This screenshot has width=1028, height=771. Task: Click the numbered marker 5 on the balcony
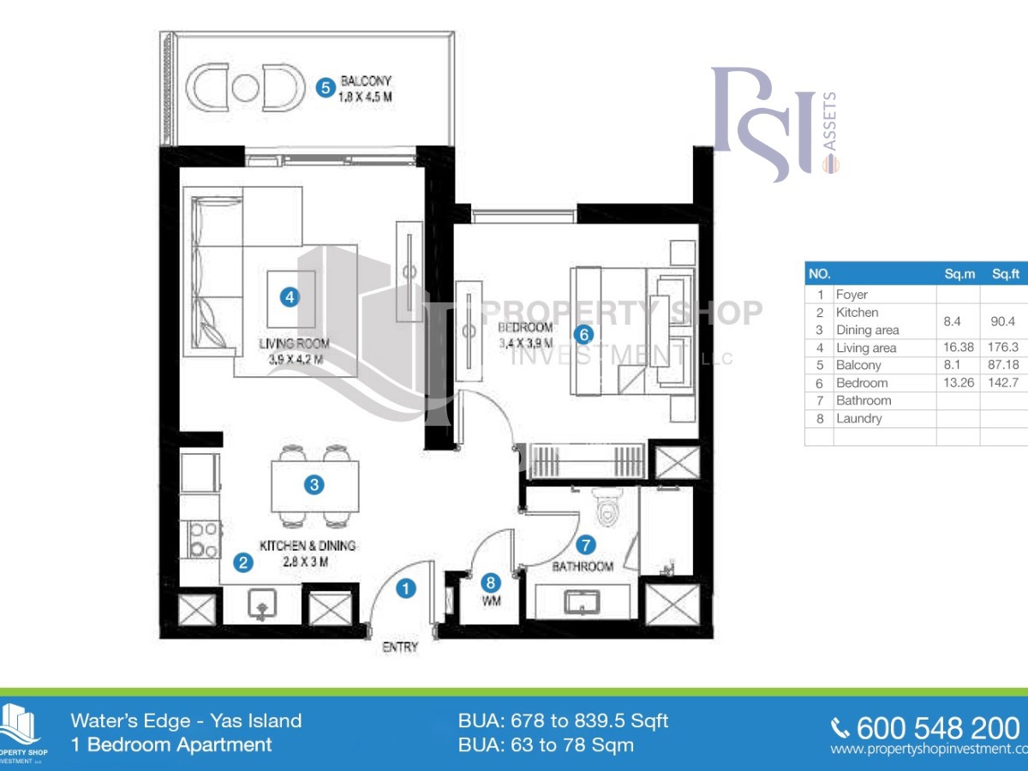pos(325,87)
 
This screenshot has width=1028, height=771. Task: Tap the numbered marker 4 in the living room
pos(290,297)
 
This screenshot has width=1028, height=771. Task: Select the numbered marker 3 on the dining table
pos(314,485)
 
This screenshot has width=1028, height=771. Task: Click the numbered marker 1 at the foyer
pos(406,589)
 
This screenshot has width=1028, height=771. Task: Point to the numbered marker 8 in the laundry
pos(490,582)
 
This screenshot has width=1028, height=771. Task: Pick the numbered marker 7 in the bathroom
pos(586,544)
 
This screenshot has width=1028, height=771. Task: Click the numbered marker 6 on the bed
pos(583,335)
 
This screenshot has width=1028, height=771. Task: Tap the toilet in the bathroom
pos(608,511)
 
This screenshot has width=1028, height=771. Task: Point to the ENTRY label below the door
pos(399,648)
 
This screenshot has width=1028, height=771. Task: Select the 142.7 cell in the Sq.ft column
pos(1004,383)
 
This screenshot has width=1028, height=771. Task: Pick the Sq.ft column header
pos(1004,274)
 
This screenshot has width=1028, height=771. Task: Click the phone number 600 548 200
pos(937,728)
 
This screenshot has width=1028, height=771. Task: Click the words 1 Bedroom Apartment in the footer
pos(171,744)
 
